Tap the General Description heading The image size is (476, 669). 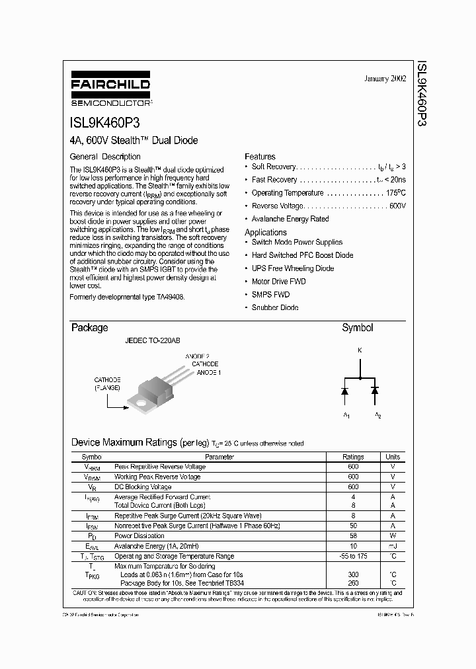[105, 157]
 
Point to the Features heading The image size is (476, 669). [260, 157]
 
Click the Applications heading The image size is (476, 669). [266, 232]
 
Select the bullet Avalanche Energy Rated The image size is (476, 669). [290, 219]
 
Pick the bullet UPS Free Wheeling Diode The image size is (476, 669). [292, 268]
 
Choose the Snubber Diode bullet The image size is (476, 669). [274, 307]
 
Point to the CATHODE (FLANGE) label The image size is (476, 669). [106, 384]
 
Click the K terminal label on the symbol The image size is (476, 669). [360, 350]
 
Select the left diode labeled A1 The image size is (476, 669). [345, 391]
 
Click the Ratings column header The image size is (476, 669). [353, 457]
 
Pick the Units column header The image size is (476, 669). [393, 457]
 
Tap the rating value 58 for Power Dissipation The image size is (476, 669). [353, 536]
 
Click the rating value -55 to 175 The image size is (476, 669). [353, 556]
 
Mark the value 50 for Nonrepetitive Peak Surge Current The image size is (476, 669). [353, 526]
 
